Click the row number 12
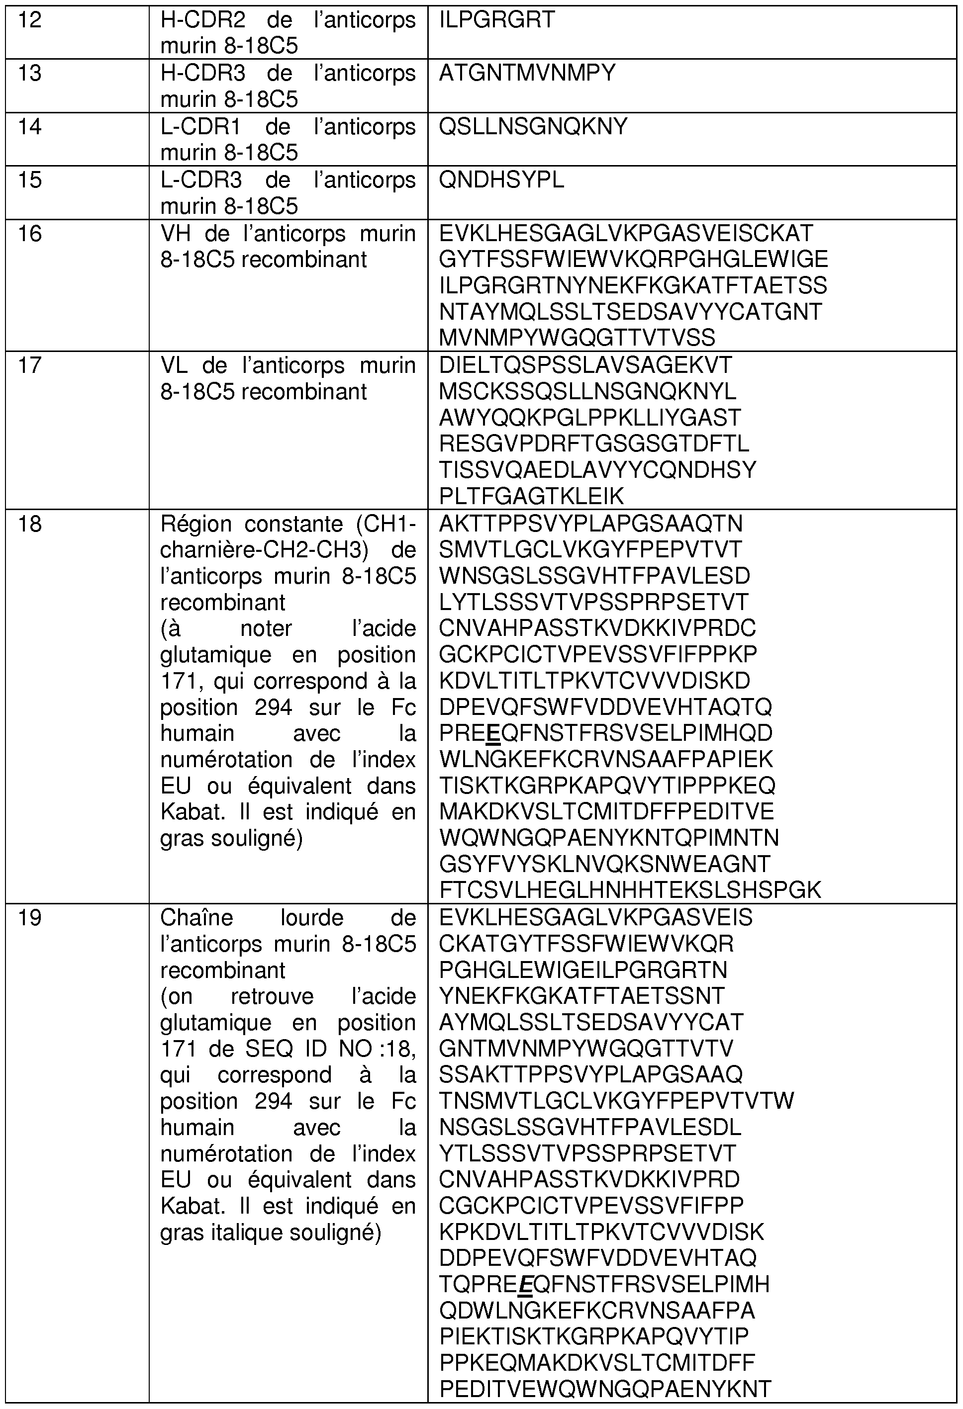[x=30, y=20]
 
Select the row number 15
[x=30, y=180]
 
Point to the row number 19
[x=30, y=918]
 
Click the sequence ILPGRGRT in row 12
[x=496, y=20]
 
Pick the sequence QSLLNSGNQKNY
[x=533, y=127]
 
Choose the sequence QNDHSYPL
[x=501, y=180]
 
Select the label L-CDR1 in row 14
[x=200, y=127]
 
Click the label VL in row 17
[x=174, y=365]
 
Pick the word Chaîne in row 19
[x=196, y=918]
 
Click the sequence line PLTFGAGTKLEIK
[x=531, y=497]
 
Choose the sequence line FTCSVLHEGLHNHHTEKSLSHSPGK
[x=629, y=890]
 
